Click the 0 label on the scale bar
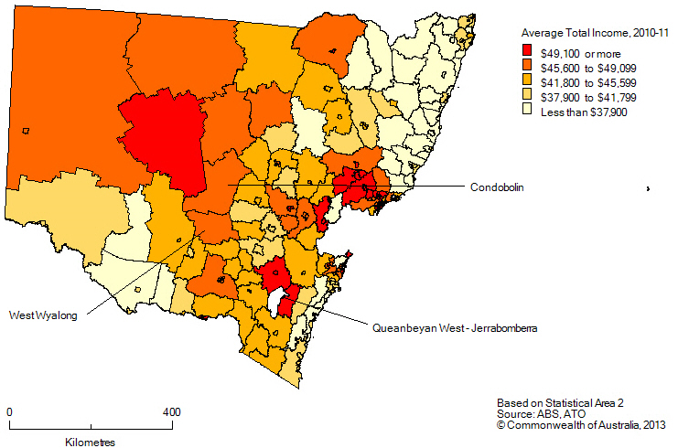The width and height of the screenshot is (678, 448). [x=9, y=412]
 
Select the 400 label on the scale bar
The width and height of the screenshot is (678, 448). [x=171, y=412]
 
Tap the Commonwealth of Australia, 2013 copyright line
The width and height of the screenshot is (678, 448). [x=581, y=425]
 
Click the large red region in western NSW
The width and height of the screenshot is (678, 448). [x=165, y=137]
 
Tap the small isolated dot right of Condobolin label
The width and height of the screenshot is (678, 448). [x=648, y=188]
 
